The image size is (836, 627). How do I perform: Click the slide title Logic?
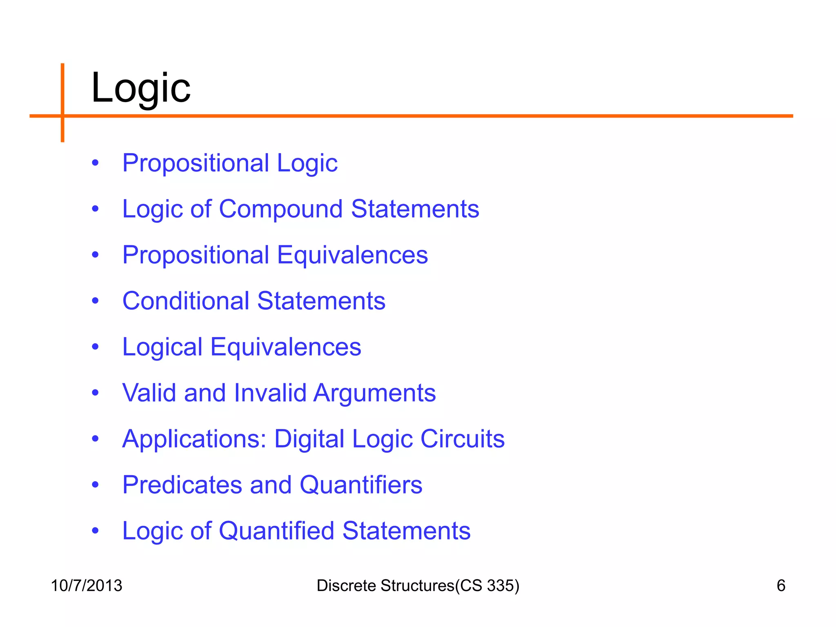[x=141, y=88]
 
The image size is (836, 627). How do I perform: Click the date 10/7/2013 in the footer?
[x=87, y=585]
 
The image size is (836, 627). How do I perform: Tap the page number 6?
[x=780, y=585]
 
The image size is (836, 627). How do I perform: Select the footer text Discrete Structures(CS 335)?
[x=418, y=585]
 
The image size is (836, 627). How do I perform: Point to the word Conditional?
[x=186, y=301]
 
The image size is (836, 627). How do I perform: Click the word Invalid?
[x=270, y=393]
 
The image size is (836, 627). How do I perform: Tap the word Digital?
[x=309, y=439]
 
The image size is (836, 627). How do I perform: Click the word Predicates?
[x=182, y=485]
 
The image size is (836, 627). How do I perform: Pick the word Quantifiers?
[x=361, y=485]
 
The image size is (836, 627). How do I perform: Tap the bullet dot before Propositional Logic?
[x=95, y=163]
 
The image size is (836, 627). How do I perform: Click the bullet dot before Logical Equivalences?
[x=95, y=347]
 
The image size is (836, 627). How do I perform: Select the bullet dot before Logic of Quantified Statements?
[x=95, y=531]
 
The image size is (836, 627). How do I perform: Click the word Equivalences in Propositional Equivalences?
[x=352, y=255]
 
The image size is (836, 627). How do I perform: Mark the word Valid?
[x=149, y=393]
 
